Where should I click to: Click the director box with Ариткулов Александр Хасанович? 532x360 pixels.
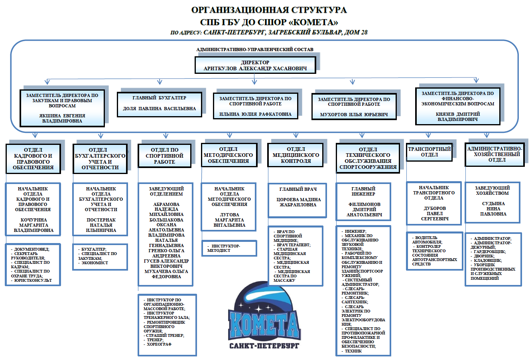click(x=255, y=65)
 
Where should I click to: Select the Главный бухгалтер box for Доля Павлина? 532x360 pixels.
click(x=159, y=104)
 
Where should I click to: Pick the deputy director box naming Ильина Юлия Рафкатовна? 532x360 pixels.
click(x=255, y=106)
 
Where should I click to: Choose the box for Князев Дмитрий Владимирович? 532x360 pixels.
click(x=457, y=106)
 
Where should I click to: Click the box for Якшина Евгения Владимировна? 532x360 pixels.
click(x=62, y=108)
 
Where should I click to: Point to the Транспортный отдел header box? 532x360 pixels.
click(x=429, y=152)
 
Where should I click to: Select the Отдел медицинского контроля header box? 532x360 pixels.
click(x=296, y=155)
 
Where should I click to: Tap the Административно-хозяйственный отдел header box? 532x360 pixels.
click(x=495, y=154)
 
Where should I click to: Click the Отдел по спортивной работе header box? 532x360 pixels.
click(x=164, y=156)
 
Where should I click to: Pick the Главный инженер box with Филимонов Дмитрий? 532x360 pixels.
click(x=363, y=202)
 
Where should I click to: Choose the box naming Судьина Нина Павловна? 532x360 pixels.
click(x=493, y=203)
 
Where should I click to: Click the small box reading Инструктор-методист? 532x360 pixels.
click(x=229, y=248)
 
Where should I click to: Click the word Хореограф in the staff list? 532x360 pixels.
click(x=159, y=344)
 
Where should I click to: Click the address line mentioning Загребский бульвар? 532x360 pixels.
click(x=269, y=32)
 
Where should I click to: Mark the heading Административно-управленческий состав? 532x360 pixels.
click(x=255, y=49)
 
